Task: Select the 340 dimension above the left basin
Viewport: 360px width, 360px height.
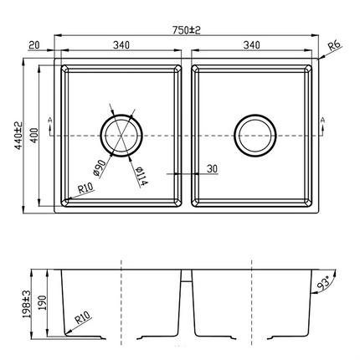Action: (x=121, y=47)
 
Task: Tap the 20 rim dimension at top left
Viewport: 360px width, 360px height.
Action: (x=33, y=47)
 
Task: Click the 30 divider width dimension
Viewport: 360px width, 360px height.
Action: (x=211, y=168)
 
